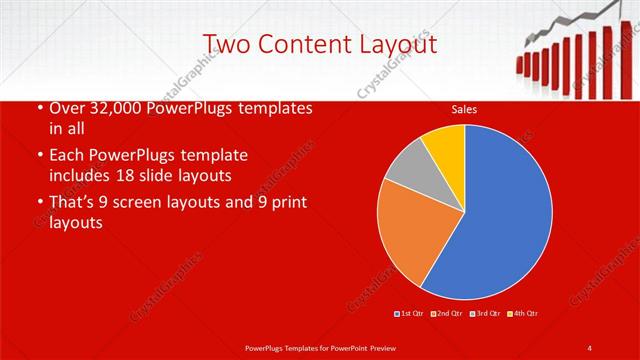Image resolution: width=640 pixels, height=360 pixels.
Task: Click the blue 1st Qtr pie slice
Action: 500,215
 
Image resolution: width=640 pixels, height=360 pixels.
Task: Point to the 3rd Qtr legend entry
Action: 486,314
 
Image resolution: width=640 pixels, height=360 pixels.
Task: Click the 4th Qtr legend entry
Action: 523,314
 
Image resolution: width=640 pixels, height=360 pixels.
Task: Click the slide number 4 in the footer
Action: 590,347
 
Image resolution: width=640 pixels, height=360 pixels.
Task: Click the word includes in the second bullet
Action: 82,176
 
